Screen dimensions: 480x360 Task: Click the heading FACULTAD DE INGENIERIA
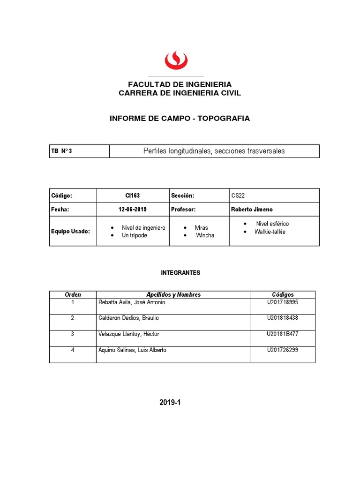tap(180, 84)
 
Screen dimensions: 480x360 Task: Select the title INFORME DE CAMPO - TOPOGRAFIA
tap(180, 119)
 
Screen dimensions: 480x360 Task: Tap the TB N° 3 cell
tap(61, 151)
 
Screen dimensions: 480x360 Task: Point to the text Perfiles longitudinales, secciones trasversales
tap(214, 151)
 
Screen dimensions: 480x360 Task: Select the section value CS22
tap(238, 195)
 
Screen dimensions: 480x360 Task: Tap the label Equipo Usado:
tap(70, 231)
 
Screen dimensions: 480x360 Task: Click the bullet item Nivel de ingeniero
tap(143, 227)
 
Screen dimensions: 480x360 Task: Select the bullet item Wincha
tap(205, 235)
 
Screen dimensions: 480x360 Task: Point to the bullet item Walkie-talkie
tap(270, 232)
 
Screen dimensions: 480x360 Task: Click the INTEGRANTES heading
tap(180, 272)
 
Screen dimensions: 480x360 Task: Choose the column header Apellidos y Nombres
tap(173, 294)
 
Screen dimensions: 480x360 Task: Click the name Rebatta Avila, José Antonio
tap(132, 302)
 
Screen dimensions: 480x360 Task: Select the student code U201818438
tap(282, 318)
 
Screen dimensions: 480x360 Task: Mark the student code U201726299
tap(282, 350)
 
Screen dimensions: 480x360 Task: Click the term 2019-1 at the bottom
tap(170, 403)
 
